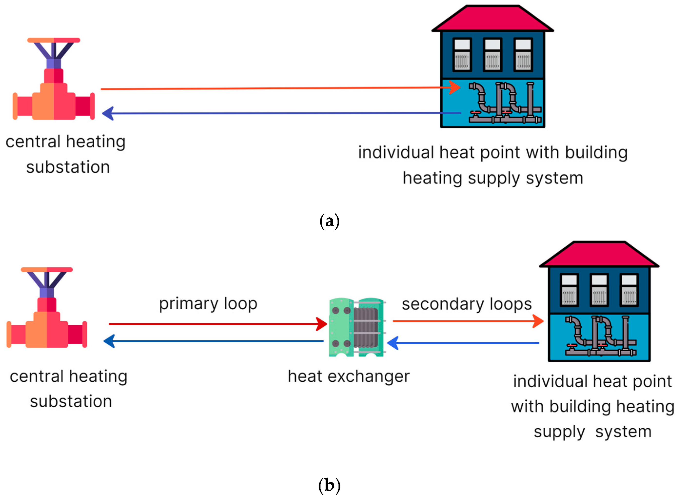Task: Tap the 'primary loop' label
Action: (x=208, y=304)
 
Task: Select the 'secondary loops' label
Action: (x=466, y=304)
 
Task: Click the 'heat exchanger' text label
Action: (x=349, y=376)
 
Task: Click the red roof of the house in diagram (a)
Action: (x=493, y=19)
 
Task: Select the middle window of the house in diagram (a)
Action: (x=493, y=55)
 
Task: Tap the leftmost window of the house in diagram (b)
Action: (x=569, y=290)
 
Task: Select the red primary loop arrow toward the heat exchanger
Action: (x=218, y=324)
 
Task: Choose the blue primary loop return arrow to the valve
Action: (x=215, y=341)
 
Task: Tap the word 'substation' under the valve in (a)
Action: (x=68, y=167)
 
